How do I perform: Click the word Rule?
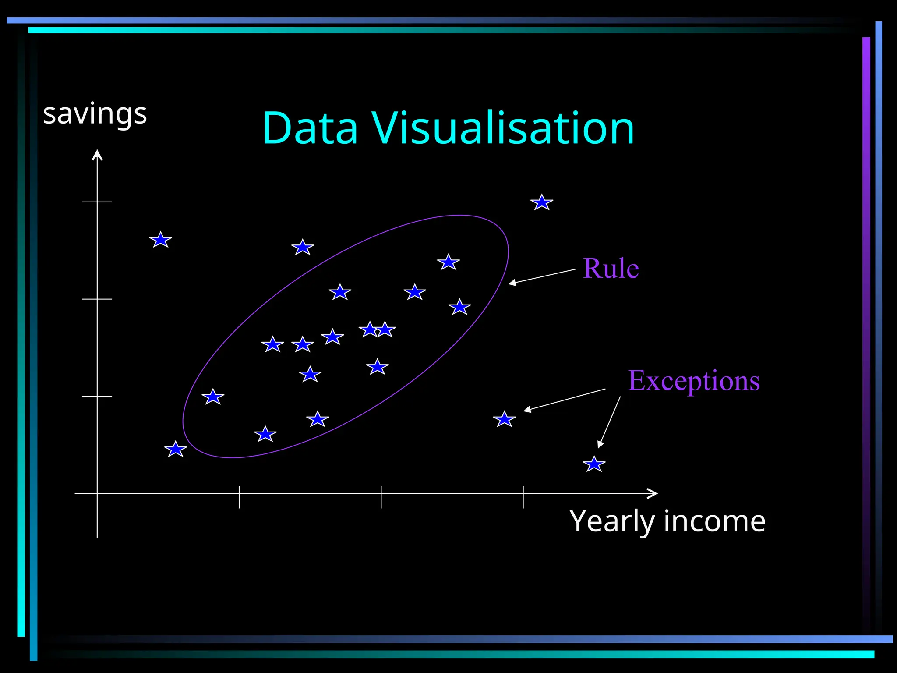tap(611, 268)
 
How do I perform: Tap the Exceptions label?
tap(694, 380)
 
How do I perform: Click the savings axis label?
tap(95, 114)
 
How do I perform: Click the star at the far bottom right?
tap(594, 464)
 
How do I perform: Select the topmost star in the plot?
tap(542, 202)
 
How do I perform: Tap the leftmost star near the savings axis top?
tap(161, 240)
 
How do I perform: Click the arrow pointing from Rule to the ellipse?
tap(542, 277)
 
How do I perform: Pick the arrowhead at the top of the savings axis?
tap(97, 155)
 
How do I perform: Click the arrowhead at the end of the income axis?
tap(653, 493)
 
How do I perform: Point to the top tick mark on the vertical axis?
tap(97, 202)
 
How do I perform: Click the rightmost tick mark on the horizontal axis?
tap(523, 497)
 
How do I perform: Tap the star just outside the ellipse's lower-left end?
tap(176, 450)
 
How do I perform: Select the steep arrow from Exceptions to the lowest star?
tap(609, 422)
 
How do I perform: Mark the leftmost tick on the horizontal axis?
tap(239, 497)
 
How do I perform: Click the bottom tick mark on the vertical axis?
tap(97, 396)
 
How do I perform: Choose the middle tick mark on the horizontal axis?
tap(381, 497)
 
